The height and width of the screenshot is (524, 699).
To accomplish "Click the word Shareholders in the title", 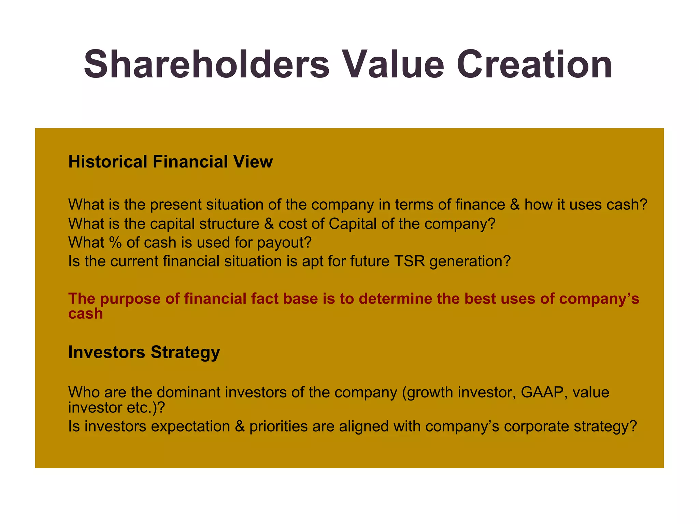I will coord(206,64).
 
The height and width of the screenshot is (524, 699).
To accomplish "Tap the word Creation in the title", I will coord(534,64).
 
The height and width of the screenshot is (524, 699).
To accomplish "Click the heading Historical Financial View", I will coord(170,162).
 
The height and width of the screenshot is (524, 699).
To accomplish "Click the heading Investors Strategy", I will coord(144,352).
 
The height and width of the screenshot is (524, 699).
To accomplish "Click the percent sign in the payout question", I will coord(115,243).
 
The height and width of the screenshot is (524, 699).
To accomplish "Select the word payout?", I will coord(284,243).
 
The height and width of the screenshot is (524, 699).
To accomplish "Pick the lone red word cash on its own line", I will coord(85,314).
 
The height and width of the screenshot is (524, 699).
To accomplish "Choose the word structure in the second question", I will coord(229,224).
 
